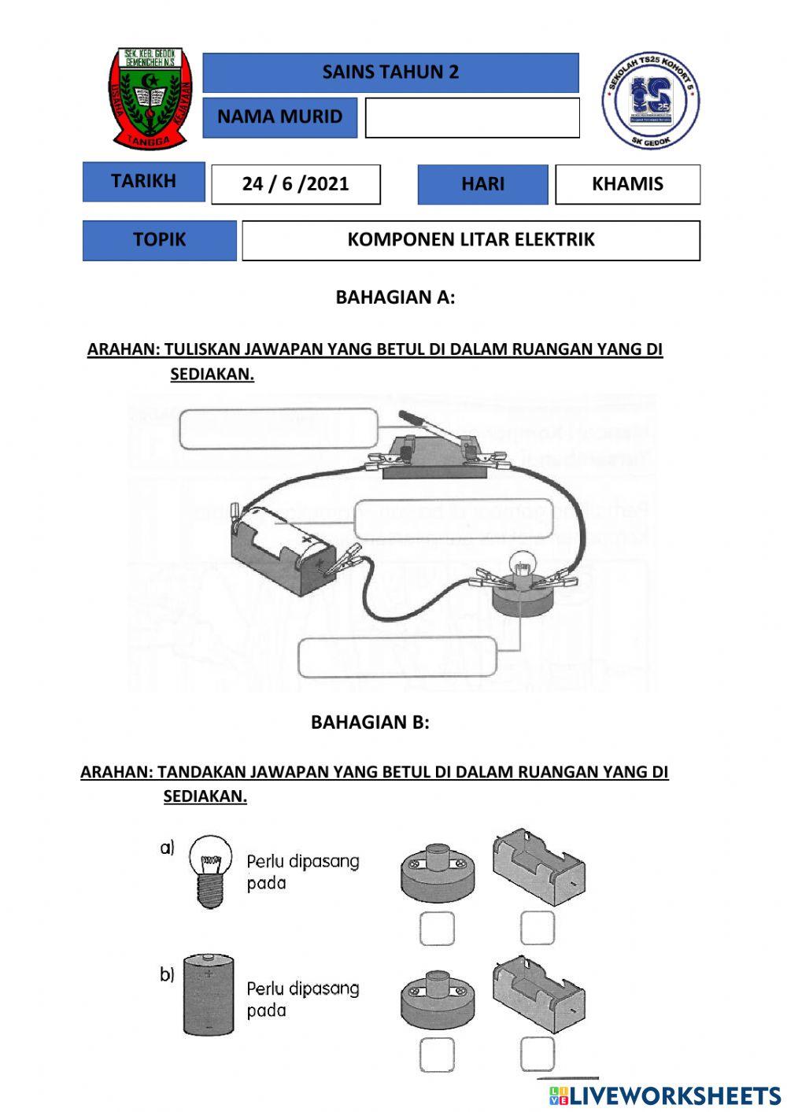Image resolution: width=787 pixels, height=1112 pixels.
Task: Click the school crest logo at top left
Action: (150, 98)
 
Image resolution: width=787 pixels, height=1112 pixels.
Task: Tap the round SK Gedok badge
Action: (651, 100)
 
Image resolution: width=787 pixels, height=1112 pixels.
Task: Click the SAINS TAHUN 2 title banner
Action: (390, 72)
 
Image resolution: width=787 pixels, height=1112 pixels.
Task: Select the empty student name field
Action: (472, 117)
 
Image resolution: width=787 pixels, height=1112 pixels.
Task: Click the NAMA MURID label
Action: (279, 117)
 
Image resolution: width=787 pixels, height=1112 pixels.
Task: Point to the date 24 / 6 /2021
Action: (295, 184)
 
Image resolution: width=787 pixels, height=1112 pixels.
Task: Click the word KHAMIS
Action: (627, 184)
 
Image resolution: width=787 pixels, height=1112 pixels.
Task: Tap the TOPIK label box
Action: (159, 240)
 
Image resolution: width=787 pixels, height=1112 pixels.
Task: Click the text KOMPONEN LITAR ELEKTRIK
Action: (471, 240)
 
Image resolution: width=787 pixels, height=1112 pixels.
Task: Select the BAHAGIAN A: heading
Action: (395, 297)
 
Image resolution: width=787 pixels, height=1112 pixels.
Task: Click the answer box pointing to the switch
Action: (278, 429)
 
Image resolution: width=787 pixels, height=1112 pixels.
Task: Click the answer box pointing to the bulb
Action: (397, 658)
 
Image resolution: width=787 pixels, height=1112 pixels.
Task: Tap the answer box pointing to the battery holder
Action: (455, 519)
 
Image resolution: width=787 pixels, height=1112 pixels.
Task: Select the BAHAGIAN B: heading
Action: (370, 722)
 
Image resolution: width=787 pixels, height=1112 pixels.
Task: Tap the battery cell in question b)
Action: (209, 995)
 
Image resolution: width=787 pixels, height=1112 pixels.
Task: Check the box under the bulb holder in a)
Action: (437, 929)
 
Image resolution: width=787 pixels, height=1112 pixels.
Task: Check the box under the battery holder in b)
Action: (538, 1054)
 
